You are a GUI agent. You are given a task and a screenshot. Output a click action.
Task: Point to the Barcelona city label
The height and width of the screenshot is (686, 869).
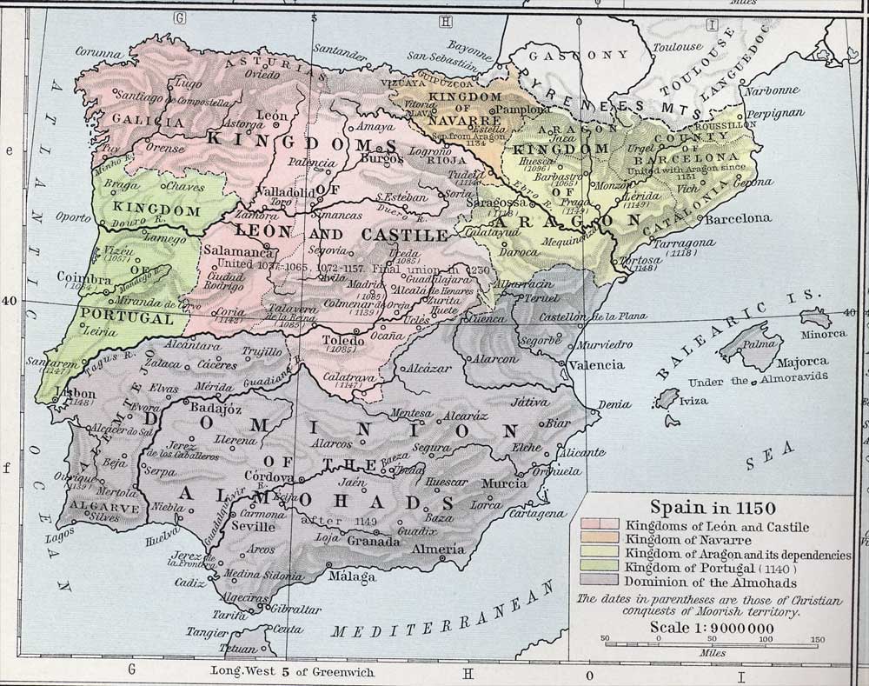click(x=737, y=219)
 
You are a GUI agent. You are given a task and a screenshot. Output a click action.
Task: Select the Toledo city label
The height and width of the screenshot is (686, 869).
click(x=342, y=340)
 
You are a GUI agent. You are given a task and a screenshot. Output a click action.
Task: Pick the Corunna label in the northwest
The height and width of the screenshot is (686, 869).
click(x=96, y=53)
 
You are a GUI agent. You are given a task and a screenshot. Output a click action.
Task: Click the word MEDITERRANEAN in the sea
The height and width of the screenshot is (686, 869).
click(x=442, y=617)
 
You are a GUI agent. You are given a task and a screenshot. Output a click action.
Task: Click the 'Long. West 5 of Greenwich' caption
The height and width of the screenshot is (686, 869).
click(x=281, y=671)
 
